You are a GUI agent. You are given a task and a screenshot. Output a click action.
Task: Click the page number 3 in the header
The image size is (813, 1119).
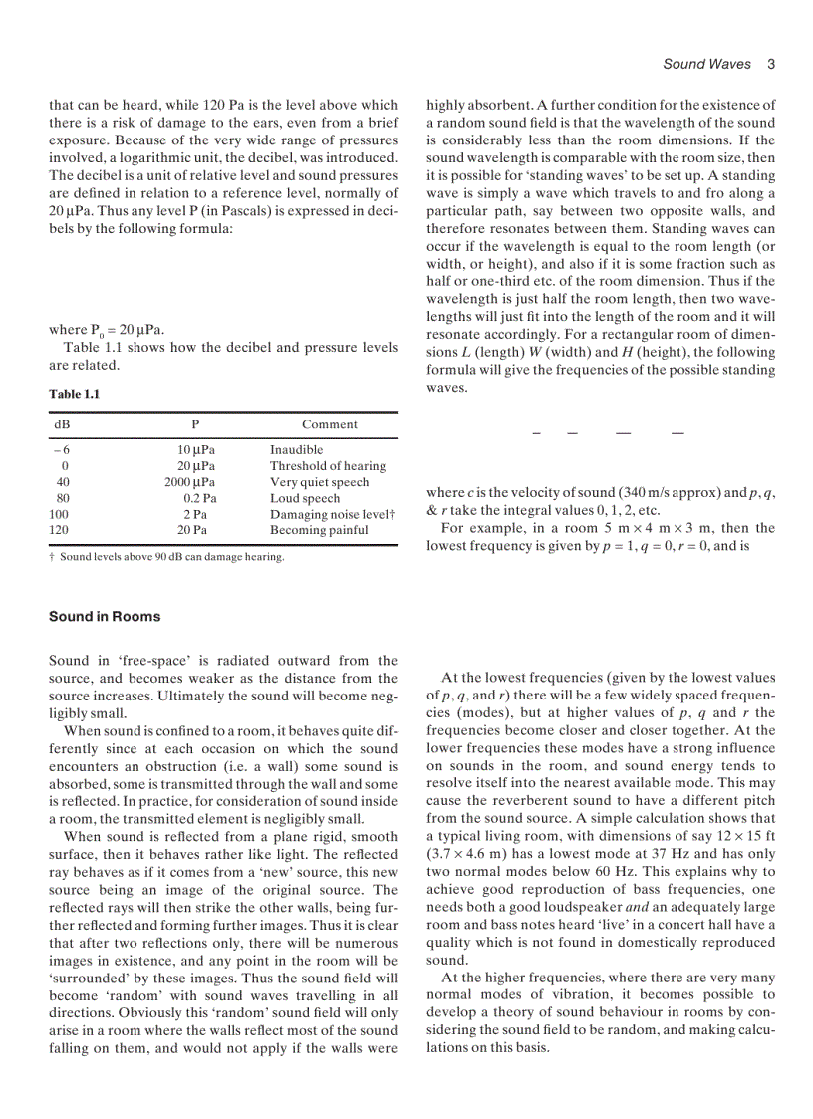(x=772, y=64)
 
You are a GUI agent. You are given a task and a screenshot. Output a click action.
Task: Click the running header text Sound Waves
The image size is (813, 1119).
(x=707, y=64)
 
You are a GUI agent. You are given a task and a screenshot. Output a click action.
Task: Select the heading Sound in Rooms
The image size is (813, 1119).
(x=105, y=616)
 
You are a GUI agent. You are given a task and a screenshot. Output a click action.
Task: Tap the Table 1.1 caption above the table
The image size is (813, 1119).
(x=75, y=394)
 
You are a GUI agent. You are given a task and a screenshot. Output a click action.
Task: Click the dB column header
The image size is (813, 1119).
(x=63, y=424)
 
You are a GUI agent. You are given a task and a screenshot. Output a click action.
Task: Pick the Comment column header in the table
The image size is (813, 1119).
(x=329, y=424)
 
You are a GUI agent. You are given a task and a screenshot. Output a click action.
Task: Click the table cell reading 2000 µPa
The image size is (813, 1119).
(x=190, y=482)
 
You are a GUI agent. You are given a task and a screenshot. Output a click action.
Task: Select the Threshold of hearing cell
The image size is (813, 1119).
(x=327, y=466)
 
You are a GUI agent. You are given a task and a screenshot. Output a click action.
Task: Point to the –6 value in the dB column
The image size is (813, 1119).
(x=61, y=450)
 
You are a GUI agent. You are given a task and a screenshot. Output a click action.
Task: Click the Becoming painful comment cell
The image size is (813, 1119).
(x=319, y=530)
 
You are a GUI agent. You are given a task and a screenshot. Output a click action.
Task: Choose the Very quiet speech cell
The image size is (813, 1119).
(x=319, y=482)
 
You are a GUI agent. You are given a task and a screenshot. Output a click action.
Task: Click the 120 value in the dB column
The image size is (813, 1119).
(x=59, y=530)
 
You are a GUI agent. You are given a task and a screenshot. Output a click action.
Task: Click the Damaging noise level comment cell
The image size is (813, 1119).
(x=333, y=514)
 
